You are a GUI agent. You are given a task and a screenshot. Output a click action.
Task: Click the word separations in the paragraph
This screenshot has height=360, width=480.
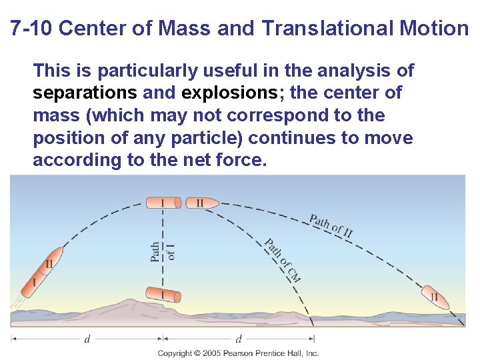(x=85, y=93)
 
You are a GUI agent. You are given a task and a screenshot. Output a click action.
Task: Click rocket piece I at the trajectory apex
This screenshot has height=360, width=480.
(x=163, y=202)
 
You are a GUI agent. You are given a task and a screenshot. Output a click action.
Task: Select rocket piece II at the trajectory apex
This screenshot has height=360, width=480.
(x=197, y=202)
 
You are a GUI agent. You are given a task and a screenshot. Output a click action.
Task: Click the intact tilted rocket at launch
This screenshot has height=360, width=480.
(x=41, y=269)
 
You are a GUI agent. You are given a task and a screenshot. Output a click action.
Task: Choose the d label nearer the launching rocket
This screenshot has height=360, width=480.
(x=87, y=339)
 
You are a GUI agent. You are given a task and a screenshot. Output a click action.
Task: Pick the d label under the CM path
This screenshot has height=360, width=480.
(x=239, y=339)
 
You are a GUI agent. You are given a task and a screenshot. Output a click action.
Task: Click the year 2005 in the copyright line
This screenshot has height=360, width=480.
(x=211, y=353)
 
